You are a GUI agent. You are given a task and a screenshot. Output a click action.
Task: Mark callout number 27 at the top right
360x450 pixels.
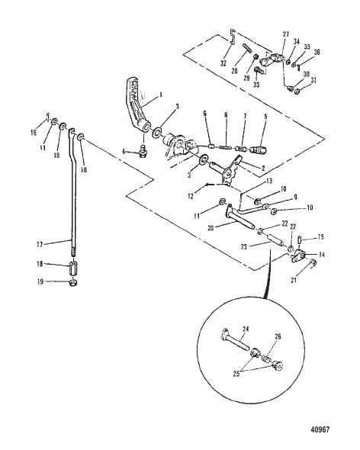pos(286,34)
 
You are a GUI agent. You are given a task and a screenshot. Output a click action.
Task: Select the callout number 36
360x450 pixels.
pos(317,53)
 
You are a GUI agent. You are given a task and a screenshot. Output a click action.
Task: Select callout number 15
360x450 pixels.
pos(321,237)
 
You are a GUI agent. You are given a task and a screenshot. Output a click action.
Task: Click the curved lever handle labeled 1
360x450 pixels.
pos(133,107)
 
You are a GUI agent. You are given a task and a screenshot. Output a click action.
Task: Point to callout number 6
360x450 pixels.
pos(205,113)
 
